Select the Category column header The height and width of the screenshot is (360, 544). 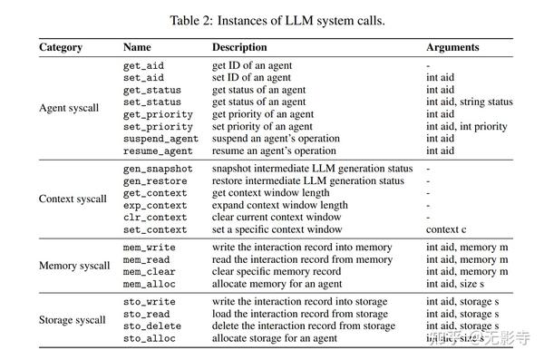(x=61, y=47)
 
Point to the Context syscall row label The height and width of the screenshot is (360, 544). (x=73, y=199)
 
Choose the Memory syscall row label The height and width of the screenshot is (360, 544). (x=74, y=266)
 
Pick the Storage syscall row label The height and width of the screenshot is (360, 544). (x=73, y=320)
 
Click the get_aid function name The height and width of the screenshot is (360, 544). (x=143, y=66)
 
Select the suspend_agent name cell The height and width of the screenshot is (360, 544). (x=160, y=139)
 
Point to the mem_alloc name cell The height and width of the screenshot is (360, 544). (x=150, y=284)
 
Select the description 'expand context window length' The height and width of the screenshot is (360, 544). (x=279, y=205)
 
